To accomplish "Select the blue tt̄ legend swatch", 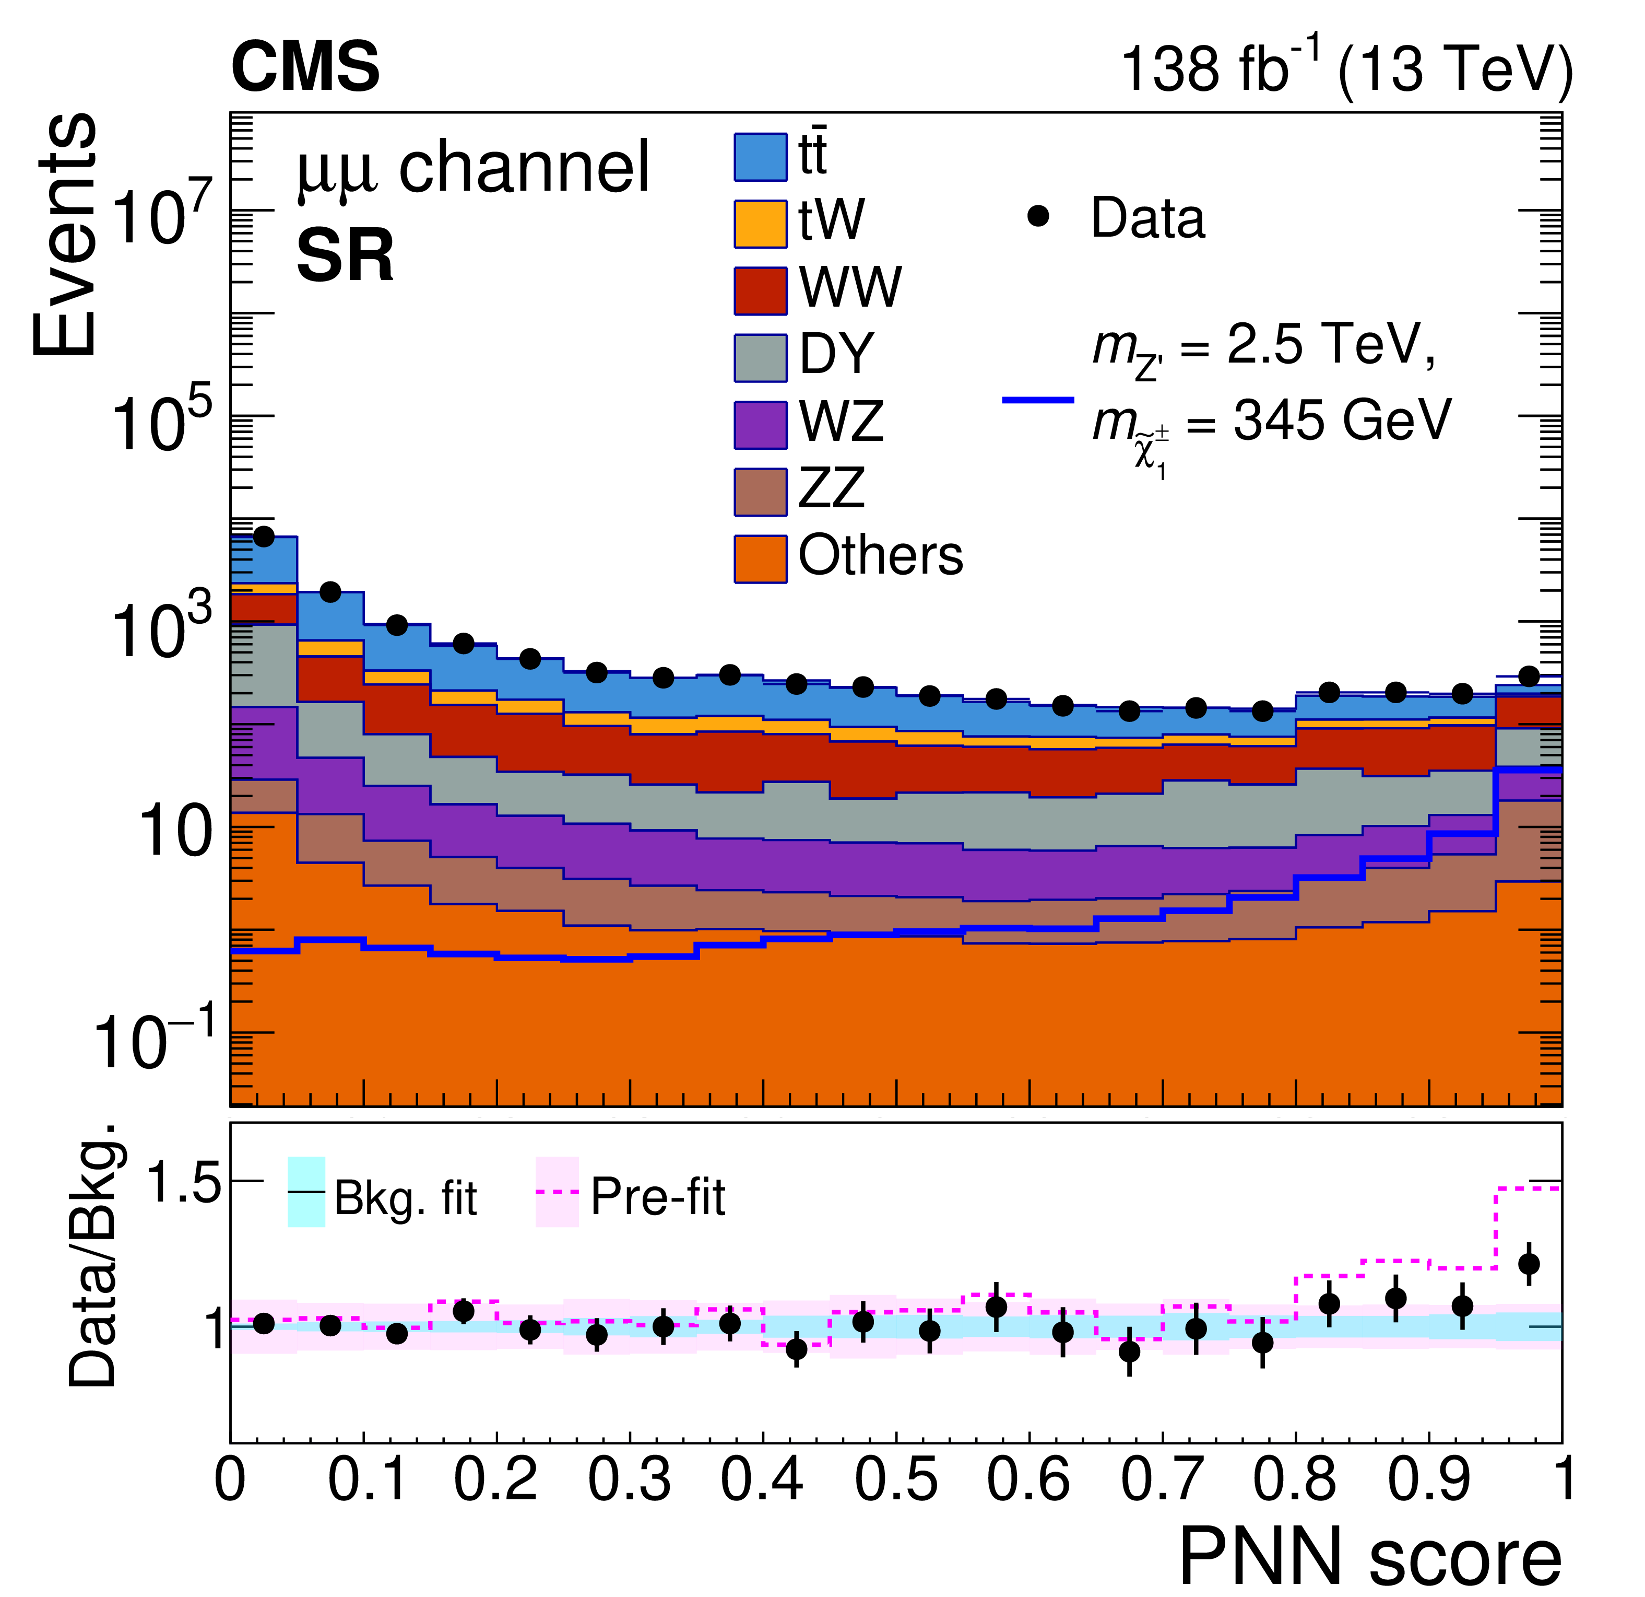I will click(x=761, y=157).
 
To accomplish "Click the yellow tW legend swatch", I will click(x=761, y=224).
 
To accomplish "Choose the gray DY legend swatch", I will click(x=761, y=358).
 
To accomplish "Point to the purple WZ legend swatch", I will click(x=761, y=425).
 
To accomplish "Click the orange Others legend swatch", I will click(x=761, y=559).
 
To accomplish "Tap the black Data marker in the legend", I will click(x=1038, y=217).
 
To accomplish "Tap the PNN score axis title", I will click(x=1370, y=1560).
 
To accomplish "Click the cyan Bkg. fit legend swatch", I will click(x=306, y=1192).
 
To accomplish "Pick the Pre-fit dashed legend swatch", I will click(x=557, y=1192).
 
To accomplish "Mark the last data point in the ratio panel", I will click(x=1529, y=1264).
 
